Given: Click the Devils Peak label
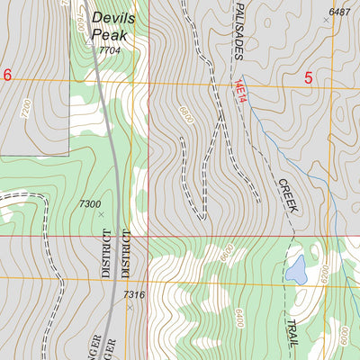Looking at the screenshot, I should (x=112, y=24).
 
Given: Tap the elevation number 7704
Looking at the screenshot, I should (x=109, y=50).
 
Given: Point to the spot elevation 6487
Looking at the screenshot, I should (x=339, y=12).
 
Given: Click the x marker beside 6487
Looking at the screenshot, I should (x=326, y=19).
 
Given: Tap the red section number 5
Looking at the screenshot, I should (x=308, y=78).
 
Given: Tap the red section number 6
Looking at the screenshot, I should (x=7, y=76).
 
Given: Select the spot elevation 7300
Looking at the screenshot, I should (x=90, y=204).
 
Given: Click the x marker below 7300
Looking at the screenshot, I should (x=101, y=214).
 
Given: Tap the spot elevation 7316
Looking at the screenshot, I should (x=134, y=295).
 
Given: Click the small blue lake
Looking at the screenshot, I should (x=296, y=267).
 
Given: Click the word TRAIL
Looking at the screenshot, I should (x=292, y=338).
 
